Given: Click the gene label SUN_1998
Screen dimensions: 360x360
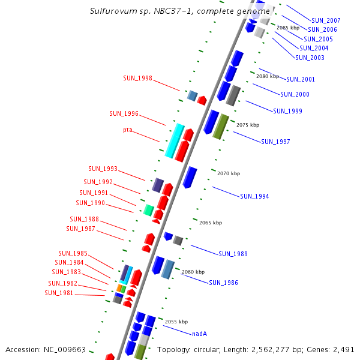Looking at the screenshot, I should (x=137, y=78).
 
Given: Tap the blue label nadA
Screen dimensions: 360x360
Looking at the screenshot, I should (x=200, y=334).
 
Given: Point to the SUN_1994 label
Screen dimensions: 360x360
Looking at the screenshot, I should (x=254, y=196).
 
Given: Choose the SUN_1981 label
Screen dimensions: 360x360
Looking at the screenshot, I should (x=59, y=293).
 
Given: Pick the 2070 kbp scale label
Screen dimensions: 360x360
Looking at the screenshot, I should (x=229, y=173).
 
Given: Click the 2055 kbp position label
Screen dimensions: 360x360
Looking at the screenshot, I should (x=176, y=322).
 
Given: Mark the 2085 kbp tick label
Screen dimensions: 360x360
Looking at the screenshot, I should (x=288, y=28).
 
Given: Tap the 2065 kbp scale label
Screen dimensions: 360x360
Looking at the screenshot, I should (x=211, y=223).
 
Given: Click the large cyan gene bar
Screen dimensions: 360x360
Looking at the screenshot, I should (x=175, y=140).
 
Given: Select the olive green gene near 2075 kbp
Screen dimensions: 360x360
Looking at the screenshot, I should (x=221, y=127).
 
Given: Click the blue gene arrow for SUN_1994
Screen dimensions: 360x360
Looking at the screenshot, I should (x=190, y=178).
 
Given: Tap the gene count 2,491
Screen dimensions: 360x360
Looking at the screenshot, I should (x=342, y=349).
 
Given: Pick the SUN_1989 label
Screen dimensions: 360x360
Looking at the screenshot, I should (x=232, y=254).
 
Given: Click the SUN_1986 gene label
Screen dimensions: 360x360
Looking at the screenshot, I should (x=223, y=283).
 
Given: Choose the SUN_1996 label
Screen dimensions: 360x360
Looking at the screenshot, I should (x=124, y=113).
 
